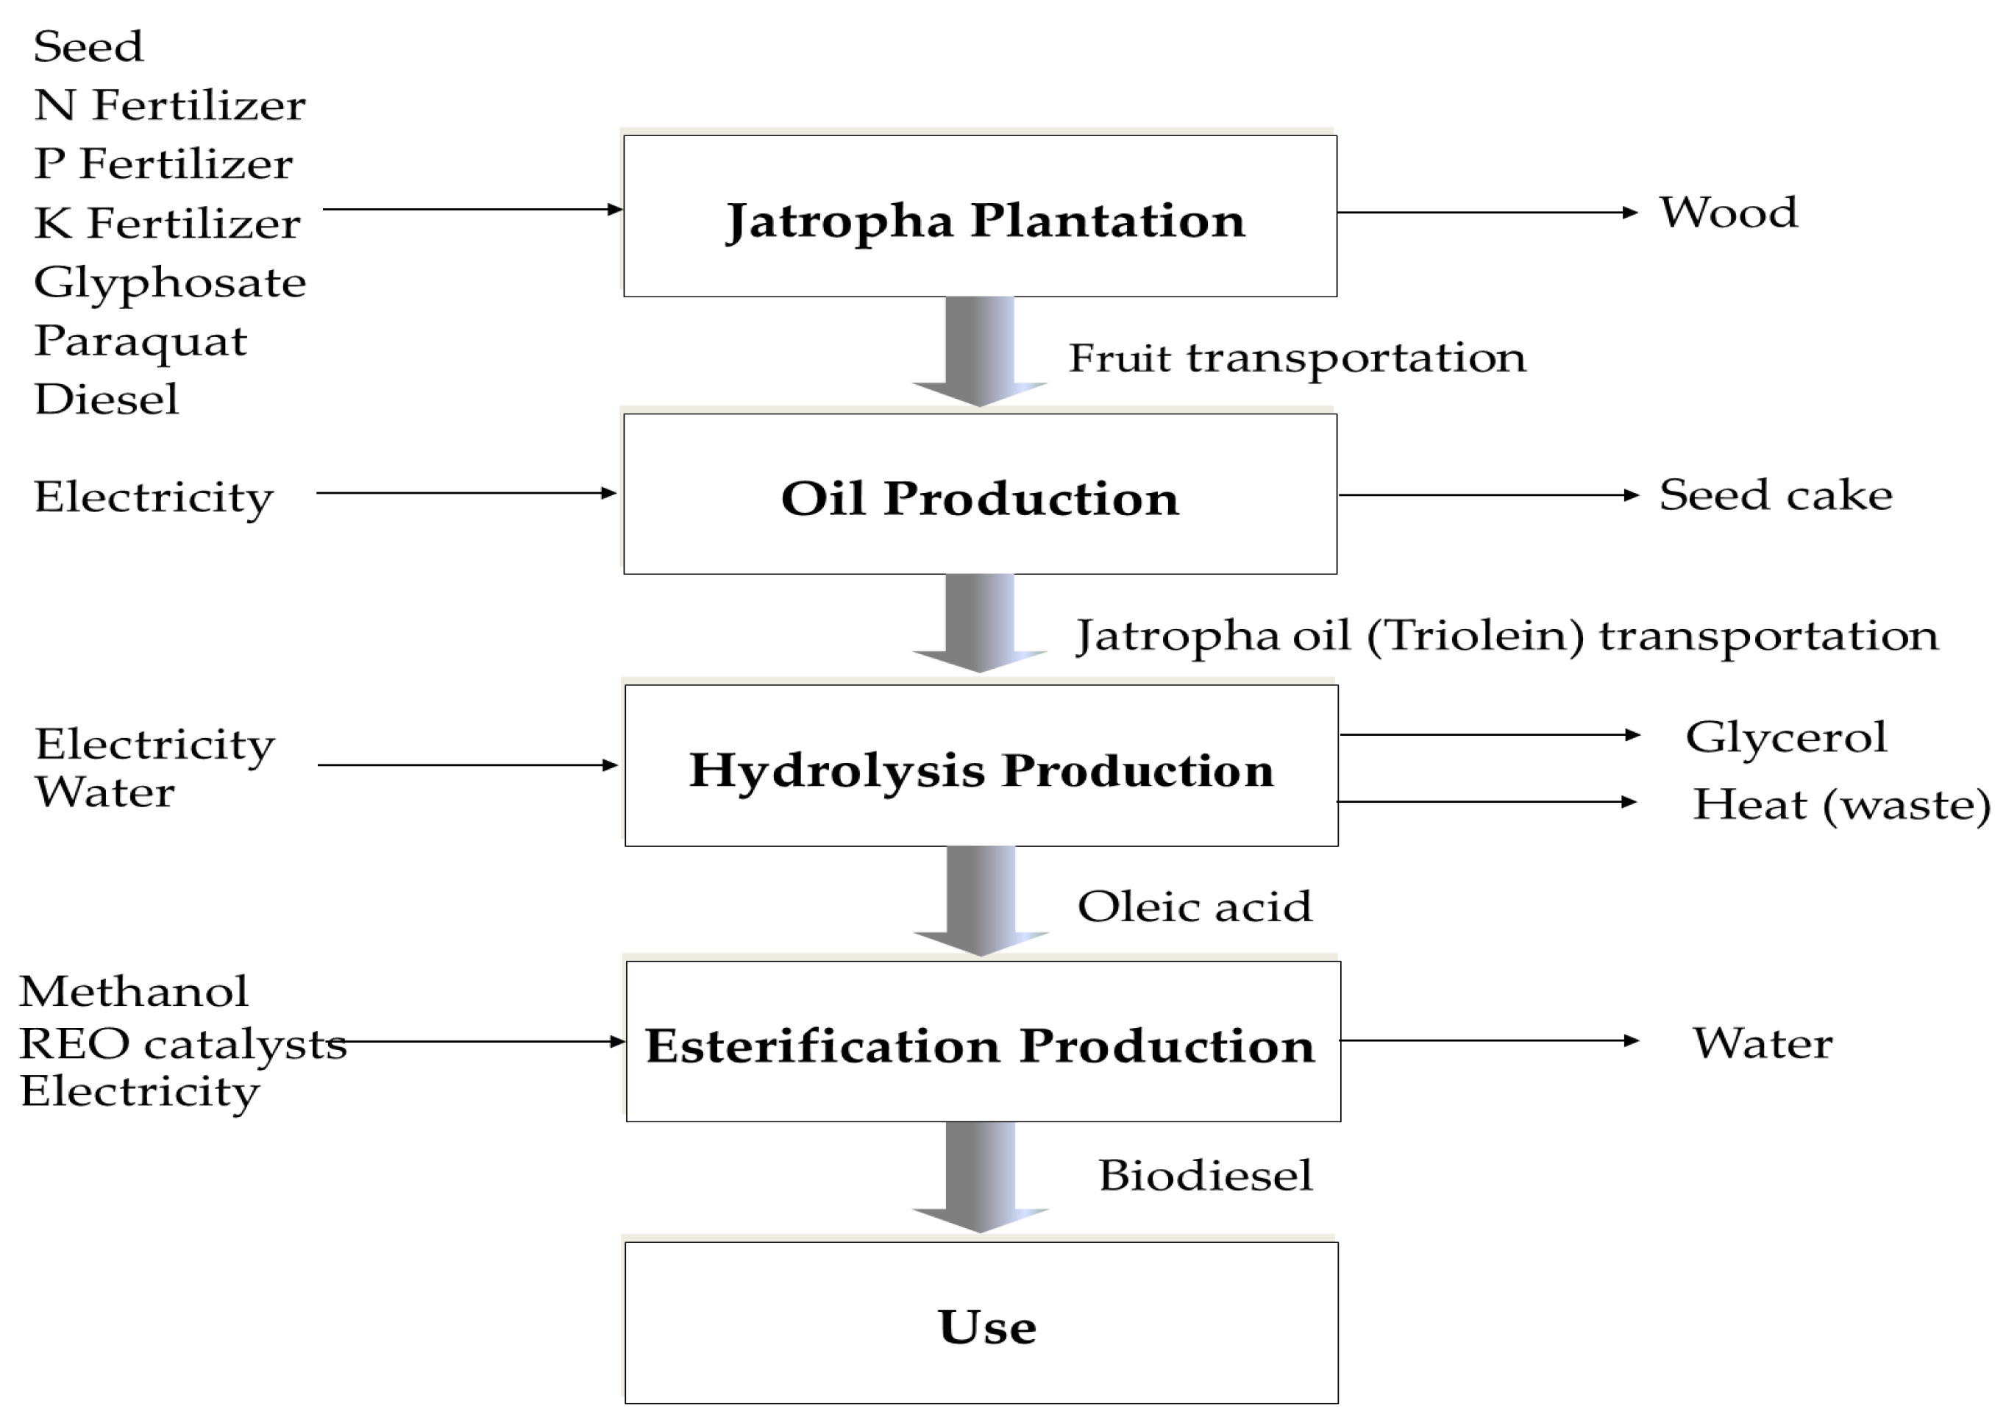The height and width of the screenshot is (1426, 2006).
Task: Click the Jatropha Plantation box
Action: click(980, 217)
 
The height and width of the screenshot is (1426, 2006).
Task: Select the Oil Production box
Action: click(980, 494)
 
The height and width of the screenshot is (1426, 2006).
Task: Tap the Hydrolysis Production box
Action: click(981, 767)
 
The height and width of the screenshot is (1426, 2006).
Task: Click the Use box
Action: click(981, 1323)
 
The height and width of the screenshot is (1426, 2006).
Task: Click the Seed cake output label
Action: click(1775, 495)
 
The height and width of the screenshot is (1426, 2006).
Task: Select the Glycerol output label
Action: click(1785, 737)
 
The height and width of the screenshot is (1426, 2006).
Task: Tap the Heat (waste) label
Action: click(1840, 804)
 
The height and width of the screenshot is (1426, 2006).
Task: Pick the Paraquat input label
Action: click(141, 341)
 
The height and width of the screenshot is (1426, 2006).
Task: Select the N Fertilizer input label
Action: click(169, 105)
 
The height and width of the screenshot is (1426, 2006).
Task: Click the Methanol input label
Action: click(133, 992)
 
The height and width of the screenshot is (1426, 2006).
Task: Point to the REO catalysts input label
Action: click(182, 1044)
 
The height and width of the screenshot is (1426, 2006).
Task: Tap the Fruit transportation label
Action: click(1297, 358)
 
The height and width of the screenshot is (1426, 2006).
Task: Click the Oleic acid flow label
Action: click(1194, 907)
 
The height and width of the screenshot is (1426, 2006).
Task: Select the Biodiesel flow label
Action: click(1204, 1176)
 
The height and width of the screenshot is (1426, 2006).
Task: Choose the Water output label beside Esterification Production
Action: click(1762, 1043)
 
